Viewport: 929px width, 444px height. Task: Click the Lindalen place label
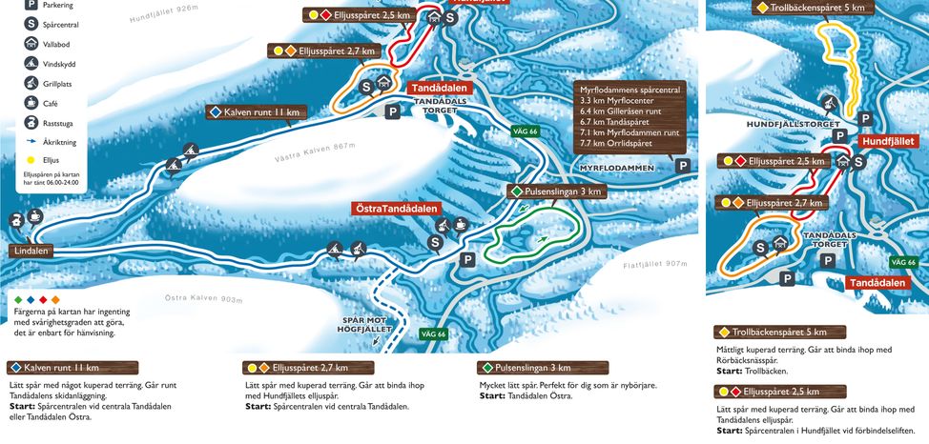pyautogui.click(x=31, y=251)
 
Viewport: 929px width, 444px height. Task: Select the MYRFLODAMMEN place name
pyautogui.click(x=617, y=168)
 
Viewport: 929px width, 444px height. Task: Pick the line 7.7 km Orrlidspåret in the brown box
pyautogui.click(x=626, y=144)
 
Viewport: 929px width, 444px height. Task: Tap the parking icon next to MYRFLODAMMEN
pyautogui.click(x=683, y=166)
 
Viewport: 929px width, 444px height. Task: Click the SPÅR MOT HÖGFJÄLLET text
pyautogui.click(x=364, y=325)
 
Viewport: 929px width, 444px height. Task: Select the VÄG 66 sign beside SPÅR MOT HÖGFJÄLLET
pyautogui.click(x=433, y=334)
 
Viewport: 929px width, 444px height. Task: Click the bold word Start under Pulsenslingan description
pyautogui.click(x=491, y=395)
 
